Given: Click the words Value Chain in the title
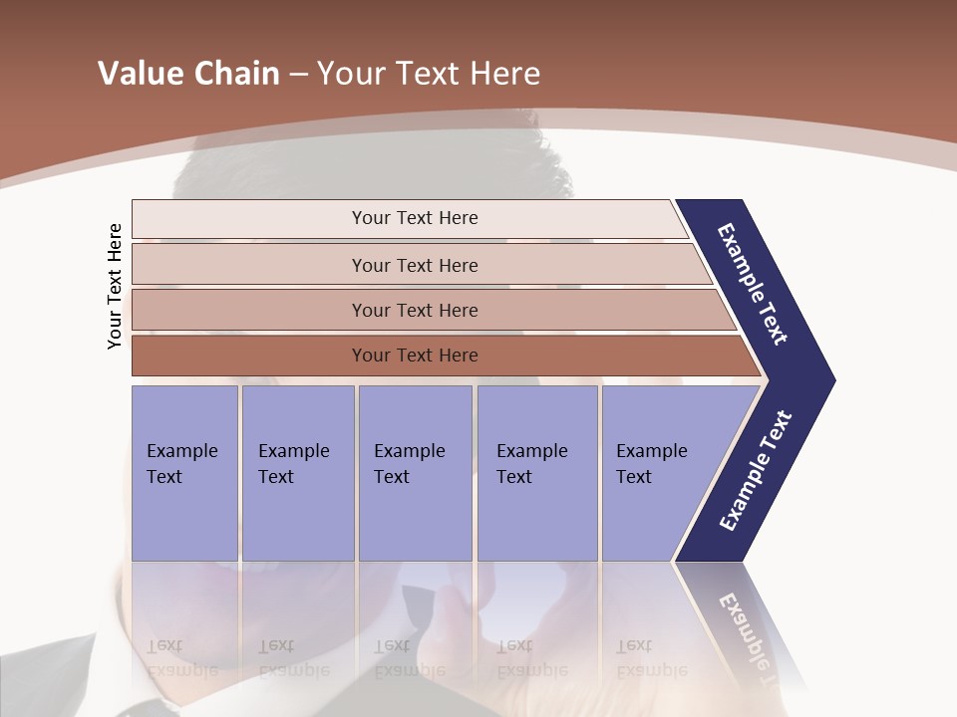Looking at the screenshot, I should tap(188, 74).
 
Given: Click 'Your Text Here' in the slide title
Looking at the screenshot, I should tap(429, 74).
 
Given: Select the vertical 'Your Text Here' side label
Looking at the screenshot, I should tap(115, 286).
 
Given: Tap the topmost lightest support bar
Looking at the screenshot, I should tap(414, 218).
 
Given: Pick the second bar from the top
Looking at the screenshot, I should tap(414, 265).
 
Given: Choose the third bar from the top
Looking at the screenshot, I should tap(414, 310).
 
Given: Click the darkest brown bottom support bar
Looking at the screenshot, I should tap(414, 356).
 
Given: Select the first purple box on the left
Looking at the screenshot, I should tap(184, 472).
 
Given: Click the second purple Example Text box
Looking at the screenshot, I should tap(297, 472).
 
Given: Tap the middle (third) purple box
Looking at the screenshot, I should tap(414, 472).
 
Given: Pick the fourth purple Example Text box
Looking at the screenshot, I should tap(536, 472).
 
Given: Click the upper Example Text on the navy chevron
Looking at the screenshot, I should tap(753, 284).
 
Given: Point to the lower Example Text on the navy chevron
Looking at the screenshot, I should tap(756, 471).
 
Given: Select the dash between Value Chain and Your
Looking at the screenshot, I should tap(298, 75).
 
